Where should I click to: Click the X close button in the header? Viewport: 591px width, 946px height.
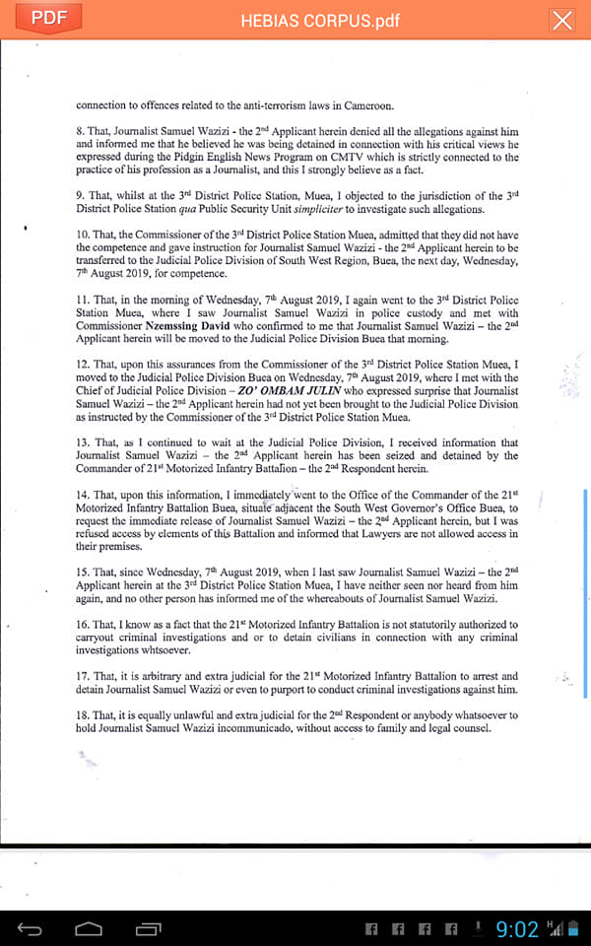tap(561, 21)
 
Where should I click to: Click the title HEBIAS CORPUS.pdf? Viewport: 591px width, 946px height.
tap(320, 21)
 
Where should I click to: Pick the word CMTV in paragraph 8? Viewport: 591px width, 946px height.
tap(341, 157)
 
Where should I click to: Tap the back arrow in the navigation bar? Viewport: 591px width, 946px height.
tap(31, 928)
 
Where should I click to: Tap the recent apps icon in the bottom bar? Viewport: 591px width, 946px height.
tap(149, 928)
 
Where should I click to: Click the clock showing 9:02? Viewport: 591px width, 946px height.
tap(516, 929)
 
